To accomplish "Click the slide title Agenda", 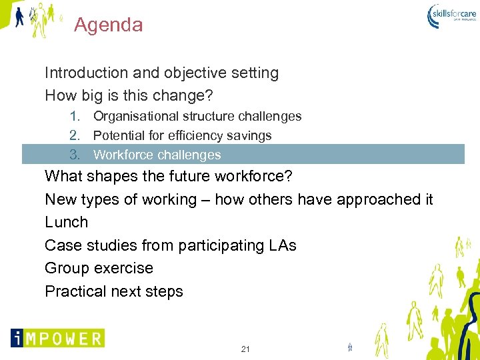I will [x=108, y=25].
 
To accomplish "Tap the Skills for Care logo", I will [x=453, y=15].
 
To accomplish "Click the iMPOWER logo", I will [x=57, y=337].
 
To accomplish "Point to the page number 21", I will [x=245, y=349].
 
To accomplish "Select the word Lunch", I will [x=66, y=223].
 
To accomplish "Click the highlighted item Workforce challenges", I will [x=157, y=155].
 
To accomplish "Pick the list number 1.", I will [x=75, y=117].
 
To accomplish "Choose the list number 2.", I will [x=75, y=136].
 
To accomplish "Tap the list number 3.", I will [x=75, y=155].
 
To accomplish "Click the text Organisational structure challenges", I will [x=197, y=117].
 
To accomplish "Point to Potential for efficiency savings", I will [x=182, y=136].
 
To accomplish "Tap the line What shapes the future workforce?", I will [x=169, y=177].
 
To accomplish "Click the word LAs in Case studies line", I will [x=282, y=246].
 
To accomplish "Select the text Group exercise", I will [x=99, y=269].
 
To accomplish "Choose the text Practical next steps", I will [x=113, y=292].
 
